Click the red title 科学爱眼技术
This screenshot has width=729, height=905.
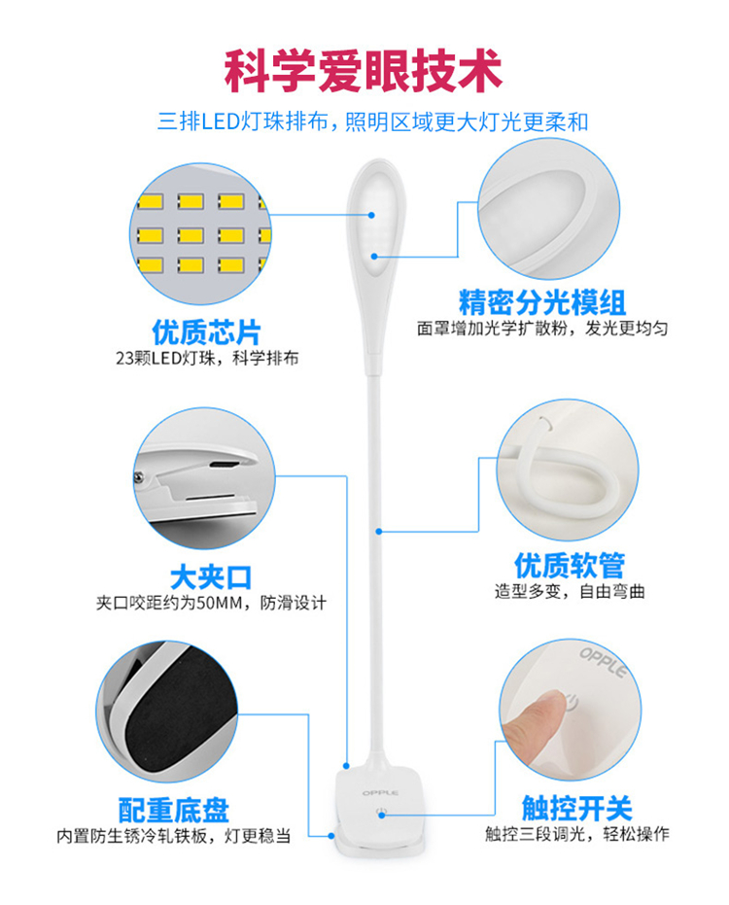[x=364, y=71]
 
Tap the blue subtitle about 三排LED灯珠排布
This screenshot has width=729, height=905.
[x=373, y=122]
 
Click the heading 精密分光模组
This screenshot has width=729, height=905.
[x=542, y=302]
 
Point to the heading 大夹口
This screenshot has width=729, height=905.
[x=211, y=577]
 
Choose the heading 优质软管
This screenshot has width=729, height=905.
[x=570, y=565]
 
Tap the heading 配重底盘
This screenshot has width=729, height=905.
[x=174, y=811]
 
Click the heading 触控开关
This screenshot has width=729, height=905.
[x=577, y=808]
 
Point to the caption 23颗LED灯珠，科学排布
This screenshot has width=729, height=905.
[x=207, y=359]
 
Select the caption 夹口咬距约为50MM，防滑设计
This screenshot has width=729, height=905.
[x=211, y=603]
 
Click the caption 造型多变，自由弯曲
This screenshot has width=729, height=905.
[x=570, y=592]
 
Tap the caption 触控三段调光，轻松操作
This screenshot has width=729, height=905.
[x=577, y=834]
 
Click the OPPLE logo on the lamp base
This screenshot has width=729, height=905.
[x=380, y=793]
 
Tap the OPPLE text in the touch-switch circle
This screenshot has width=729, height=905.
[x=604, y=662]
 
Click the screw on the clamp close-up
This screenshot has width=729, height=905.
[x=139, y=477]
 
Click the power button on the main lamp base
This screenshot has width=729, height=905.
[x=382, y=813]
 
